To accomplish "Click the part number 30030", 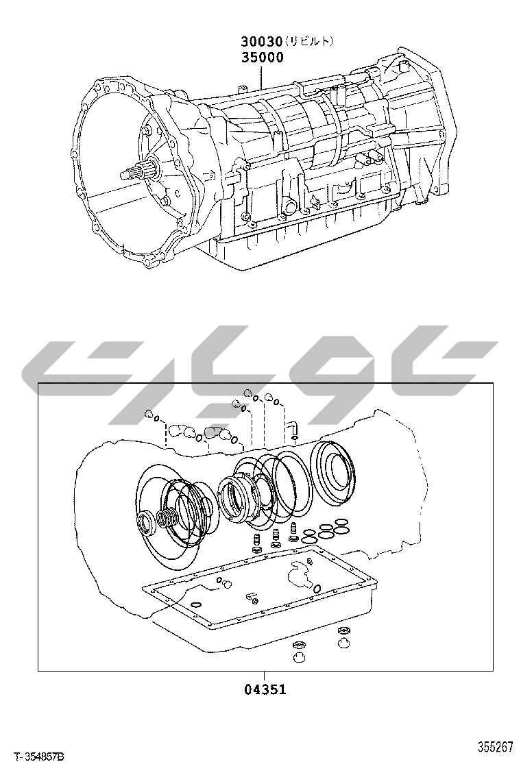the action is [x=262, y=42].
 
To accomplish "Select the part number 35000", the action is [x=263, y=58].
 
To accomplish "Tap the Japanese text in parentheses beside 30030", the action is [x=309, y=41].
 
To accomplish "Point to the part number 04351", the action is [x=265, y=689].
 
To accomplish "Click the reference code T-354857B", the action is [x=39, y=756].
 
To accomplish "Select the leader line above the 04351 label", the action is [x=264, y=676].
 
